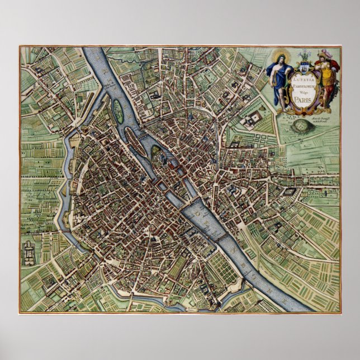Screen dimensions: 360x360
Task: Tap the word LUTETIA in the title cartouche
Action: [304, 78]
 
